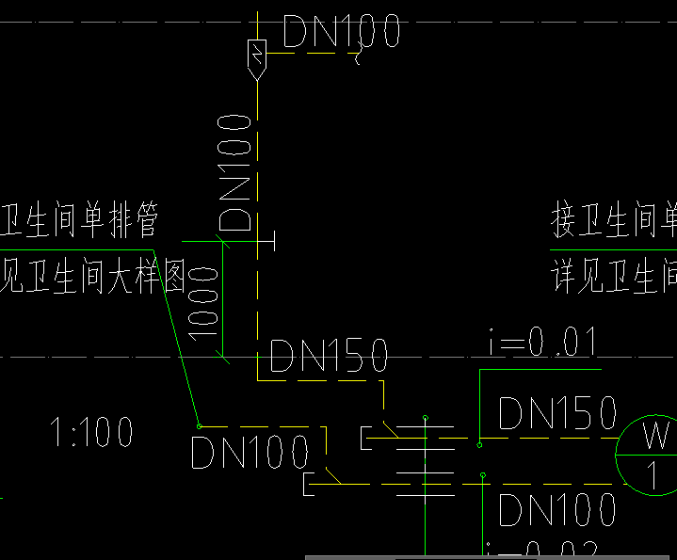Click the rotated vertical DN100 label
(235, 173)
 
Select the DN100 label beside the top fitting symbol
(341, 31)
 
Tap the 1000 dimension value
(203, 299)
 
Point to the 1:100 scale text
(91, 434)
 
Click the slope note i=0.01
(542, 344)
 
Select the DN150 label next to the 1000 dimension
(329, 357)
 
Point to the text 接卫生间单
(613, 222)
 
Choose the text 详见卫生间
(613, 279)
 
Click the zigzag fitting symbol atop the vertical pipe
(256, 56)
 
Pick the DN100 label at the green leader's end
(250, 453)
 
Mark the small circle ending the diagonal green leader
(199, 425)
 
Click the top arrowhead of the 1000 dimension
(224, 244)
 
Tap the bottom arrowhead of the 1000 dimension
(224, 355)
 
